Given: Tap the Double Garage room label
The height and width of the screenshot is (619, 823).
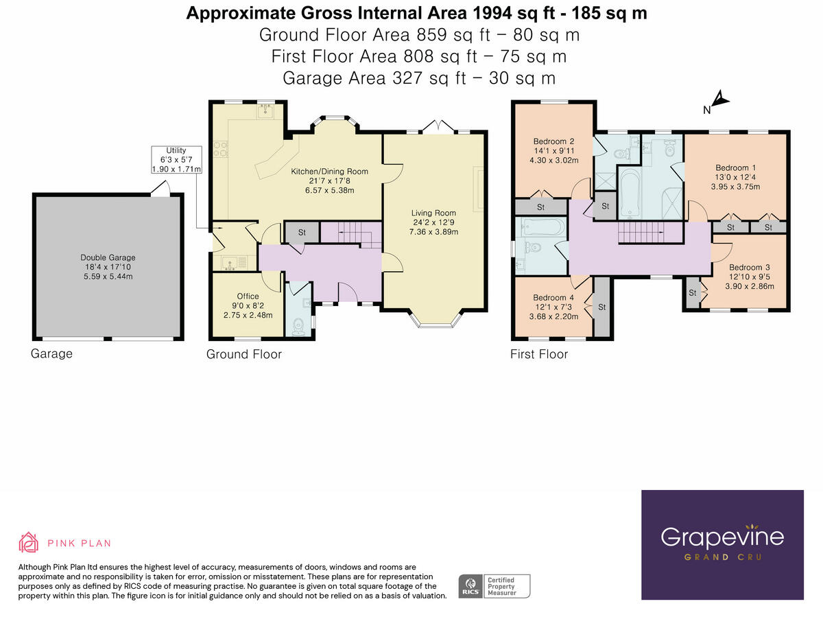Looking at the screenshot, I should point(108,267).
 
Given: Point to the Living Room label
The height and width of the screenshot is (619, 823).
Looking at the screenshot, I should point(433,222).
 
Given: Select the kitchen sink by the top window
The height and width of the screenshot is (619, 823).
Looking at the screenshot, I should point(266,110).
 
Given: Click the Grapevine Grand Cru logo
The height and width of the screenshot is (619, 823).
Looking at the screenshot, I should point(722,545).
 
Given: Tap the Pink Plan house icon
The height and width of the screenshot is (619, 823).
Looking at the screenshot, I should point(29,542).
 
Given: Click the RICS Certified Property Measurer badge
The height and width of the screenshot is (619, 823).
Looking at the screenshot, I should point(494,585).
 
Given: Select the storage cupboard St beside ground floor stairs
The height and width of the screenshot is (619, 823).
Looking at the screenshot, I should point(302,232).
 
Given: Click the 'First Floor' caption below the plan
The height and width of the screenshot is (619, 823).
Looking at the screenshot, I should point(539,354).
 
